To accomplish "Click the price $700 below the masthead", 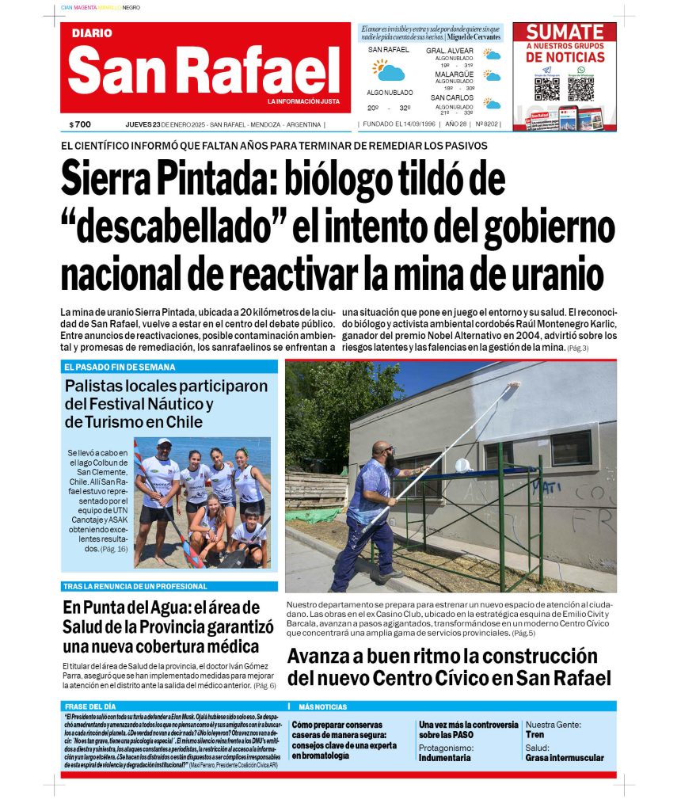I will click(x=81, y=124).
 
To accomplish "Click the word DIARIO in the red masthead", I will click(x=92, y=34).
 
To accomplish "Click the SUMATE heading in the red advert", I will click(x=565, y=32).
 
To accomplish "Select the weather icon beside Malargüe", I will click(x=493, y=77).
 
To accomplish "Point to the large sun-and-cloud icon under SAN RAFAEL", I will click(x=389, y=70).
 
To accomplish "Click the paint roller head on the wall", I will click(x=512, y=384).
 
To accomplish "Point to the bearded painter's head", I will click(x=382, y=454).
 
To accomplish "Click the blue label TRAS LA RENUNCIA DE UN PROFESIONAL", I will click(x=135, y=587).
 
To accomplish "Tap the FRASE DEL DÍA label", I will click(x=92, y=706).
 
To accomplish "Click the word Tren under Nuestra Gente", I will click(x=535, y=735).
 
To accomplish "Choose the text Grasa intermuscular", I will click(x=564, y=758).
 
